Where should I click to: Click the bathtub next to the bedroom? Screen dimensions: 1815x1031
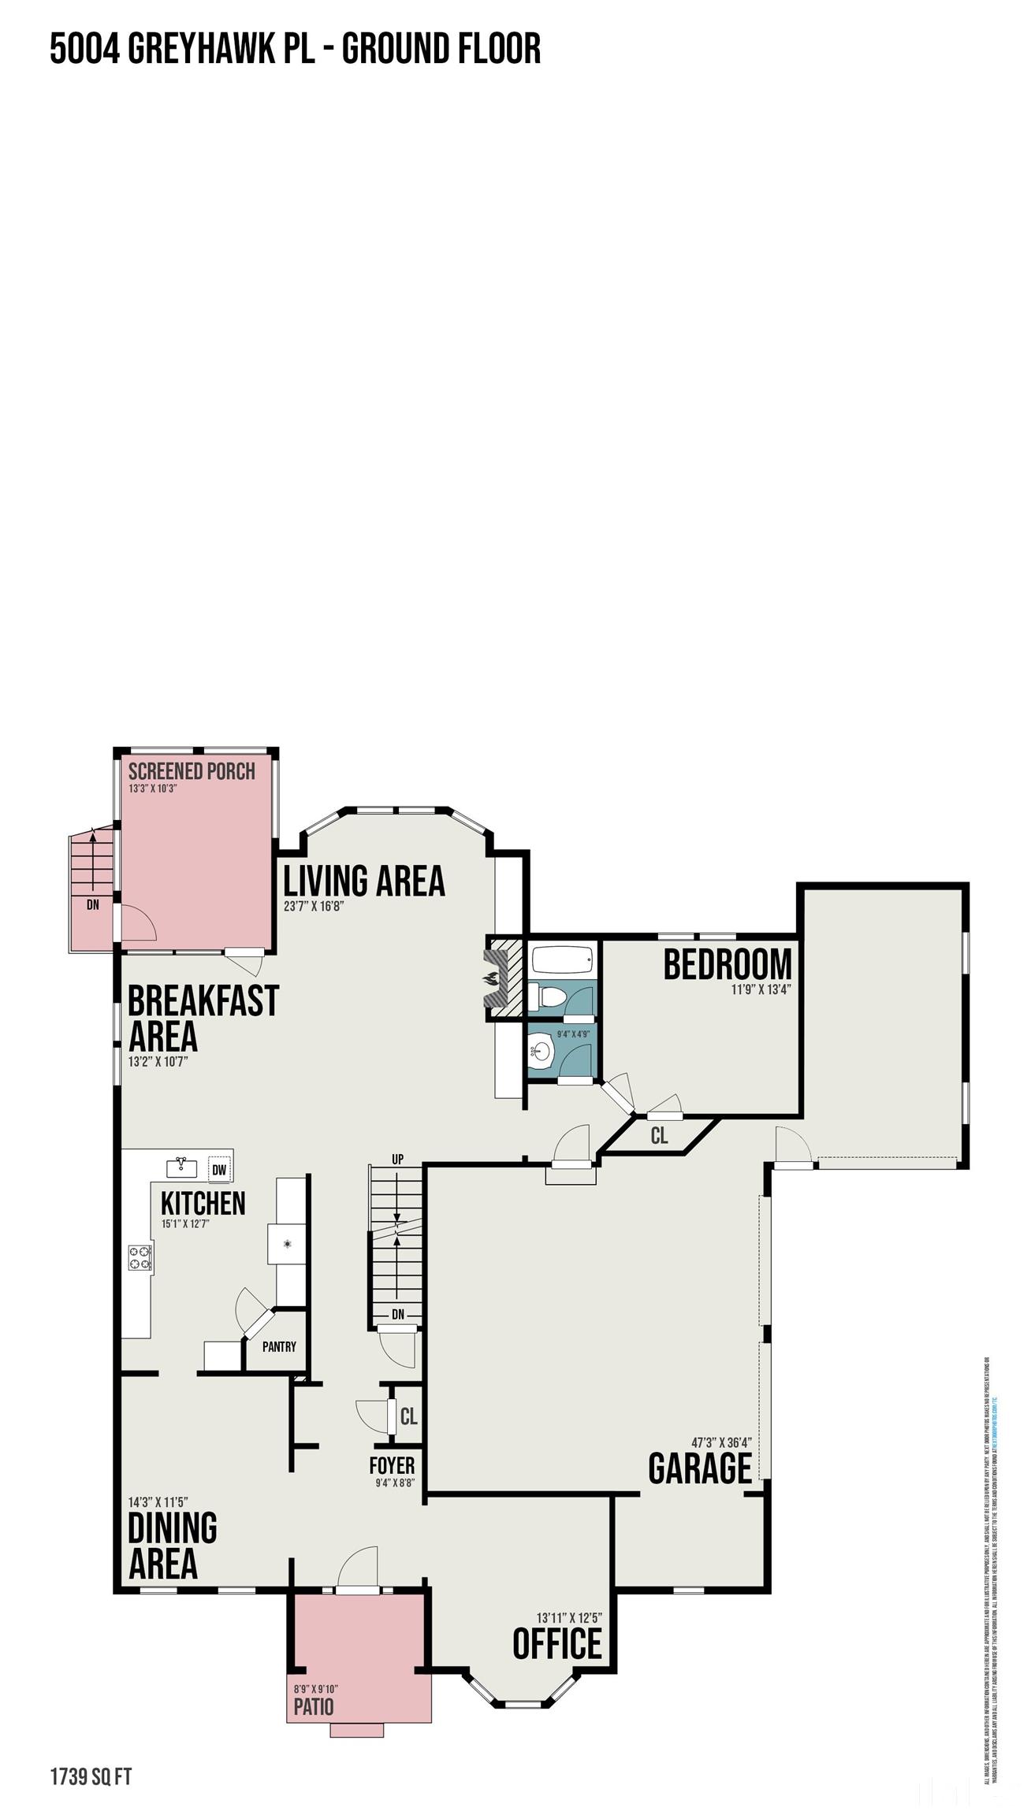click(x=560, y=960)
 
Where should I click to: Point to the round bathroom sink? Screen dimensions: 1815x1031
click(x=542, y=1050)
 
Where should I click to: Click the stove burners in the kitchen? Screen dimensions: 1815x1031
click(x=140, y=1256)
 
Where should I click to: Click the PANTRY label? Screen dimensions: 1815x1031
click(x=279, y=1346)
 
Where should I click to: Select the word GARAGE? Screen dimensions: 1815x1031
click(x=700, y=1468)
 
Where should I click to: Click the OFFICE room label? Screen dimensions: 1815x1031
click(x=556, y=1644)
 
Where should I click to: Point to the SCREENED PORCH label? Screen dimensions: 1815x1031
click(x=192, y=771)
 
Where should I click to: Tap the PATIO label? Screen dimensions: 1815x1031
click(x=314, y=1707)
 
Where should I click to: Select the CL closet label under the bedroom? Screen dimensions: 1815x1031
click(x=659, y=1136)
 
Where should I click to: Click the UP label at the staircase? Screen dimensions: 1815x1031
click(x=397, y=1159)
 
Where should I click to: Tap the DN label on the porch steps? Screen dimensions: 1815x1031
click(x=93, y=904)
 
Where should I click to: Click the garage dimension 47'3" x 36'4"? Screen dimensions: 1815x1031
click(x=721, y=1442)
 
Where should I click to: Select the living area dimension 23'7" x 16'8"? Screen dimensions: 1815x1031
click(x=314, y=906)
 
